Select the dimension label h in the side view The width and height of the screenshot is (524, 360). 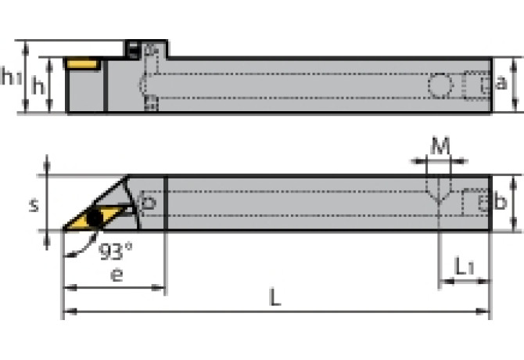[37, 85]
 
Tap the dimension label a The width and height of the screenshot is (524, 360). [503, 84]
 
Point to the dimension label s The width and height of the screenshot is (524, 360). [34, 205]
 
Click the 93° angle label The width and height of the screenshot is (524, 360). [116, 252]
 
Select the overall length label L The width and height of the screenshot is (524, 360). [275, 298]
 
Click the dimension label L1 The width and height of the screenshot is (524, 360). [464, 268]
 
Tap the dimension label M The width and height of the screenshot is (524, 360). [441, 146]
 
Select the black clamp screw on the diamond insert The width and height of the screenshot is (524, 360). [95, 216]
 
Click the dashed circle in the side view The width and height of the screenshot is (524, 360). [440, 85]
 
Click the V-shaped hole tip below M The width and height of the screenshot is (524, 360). [441, 201]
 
